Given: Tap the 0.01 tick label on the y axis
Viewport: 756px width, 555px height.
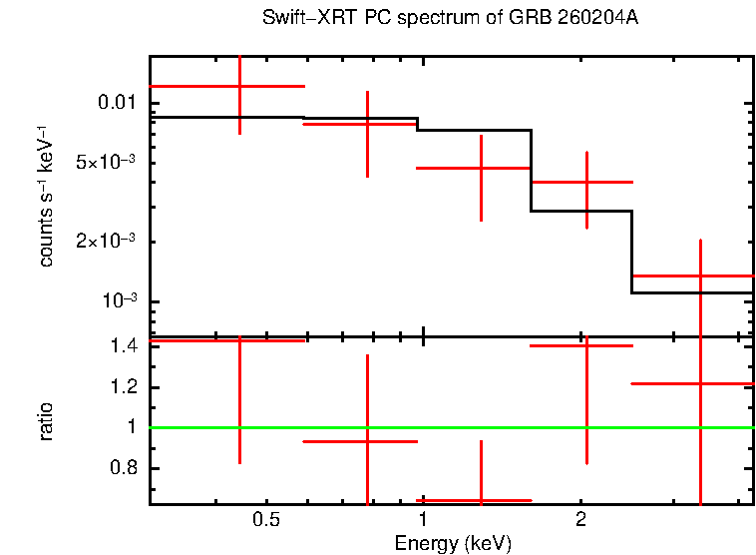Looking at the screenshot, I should click(113, 103).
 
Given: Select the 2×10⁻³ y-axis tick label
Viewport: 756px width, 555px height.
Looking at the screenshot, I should click(105, 242).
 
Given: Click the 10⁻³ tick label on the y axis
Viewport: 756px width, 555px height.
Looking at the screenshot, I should click(116, 300).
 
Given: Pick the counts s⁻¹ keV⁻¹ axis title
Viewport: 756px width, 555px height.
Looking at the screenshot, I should click(46, 196).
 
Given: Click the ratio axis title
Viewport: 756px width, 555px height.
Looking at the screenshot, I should click(46, 420).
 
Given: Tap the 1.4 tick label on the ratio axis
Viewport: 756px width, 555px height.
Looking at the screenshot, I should click(123, 346).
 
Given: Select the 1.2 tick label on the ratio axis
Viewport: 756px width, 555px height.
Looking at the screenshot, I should click(123, 387).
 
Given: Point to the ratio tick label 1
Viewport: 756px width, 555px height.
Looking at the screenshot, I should click(130, 427).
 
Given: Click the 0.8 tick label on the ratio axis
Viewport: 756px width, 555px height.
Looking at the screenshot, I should click(123, 468).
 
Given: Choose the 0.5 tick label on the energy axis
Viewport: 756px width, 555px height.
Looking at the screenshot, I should click(265, 520).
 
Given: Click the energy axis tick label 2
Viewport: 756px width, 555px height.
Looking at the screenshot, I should click(580, 520).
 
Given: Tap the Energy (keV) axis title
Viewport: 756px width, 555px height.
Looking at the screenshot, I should click(453, 543).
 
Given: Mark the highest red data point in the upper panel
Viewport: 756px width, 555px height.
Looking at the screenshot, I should click(239, 87).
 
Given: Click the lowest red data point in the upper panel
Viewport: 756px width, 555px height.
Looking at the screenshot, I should click(701, 276).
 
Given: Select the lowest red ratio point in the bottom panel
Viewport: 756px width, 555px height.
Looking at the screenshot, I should click(482, 499).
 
